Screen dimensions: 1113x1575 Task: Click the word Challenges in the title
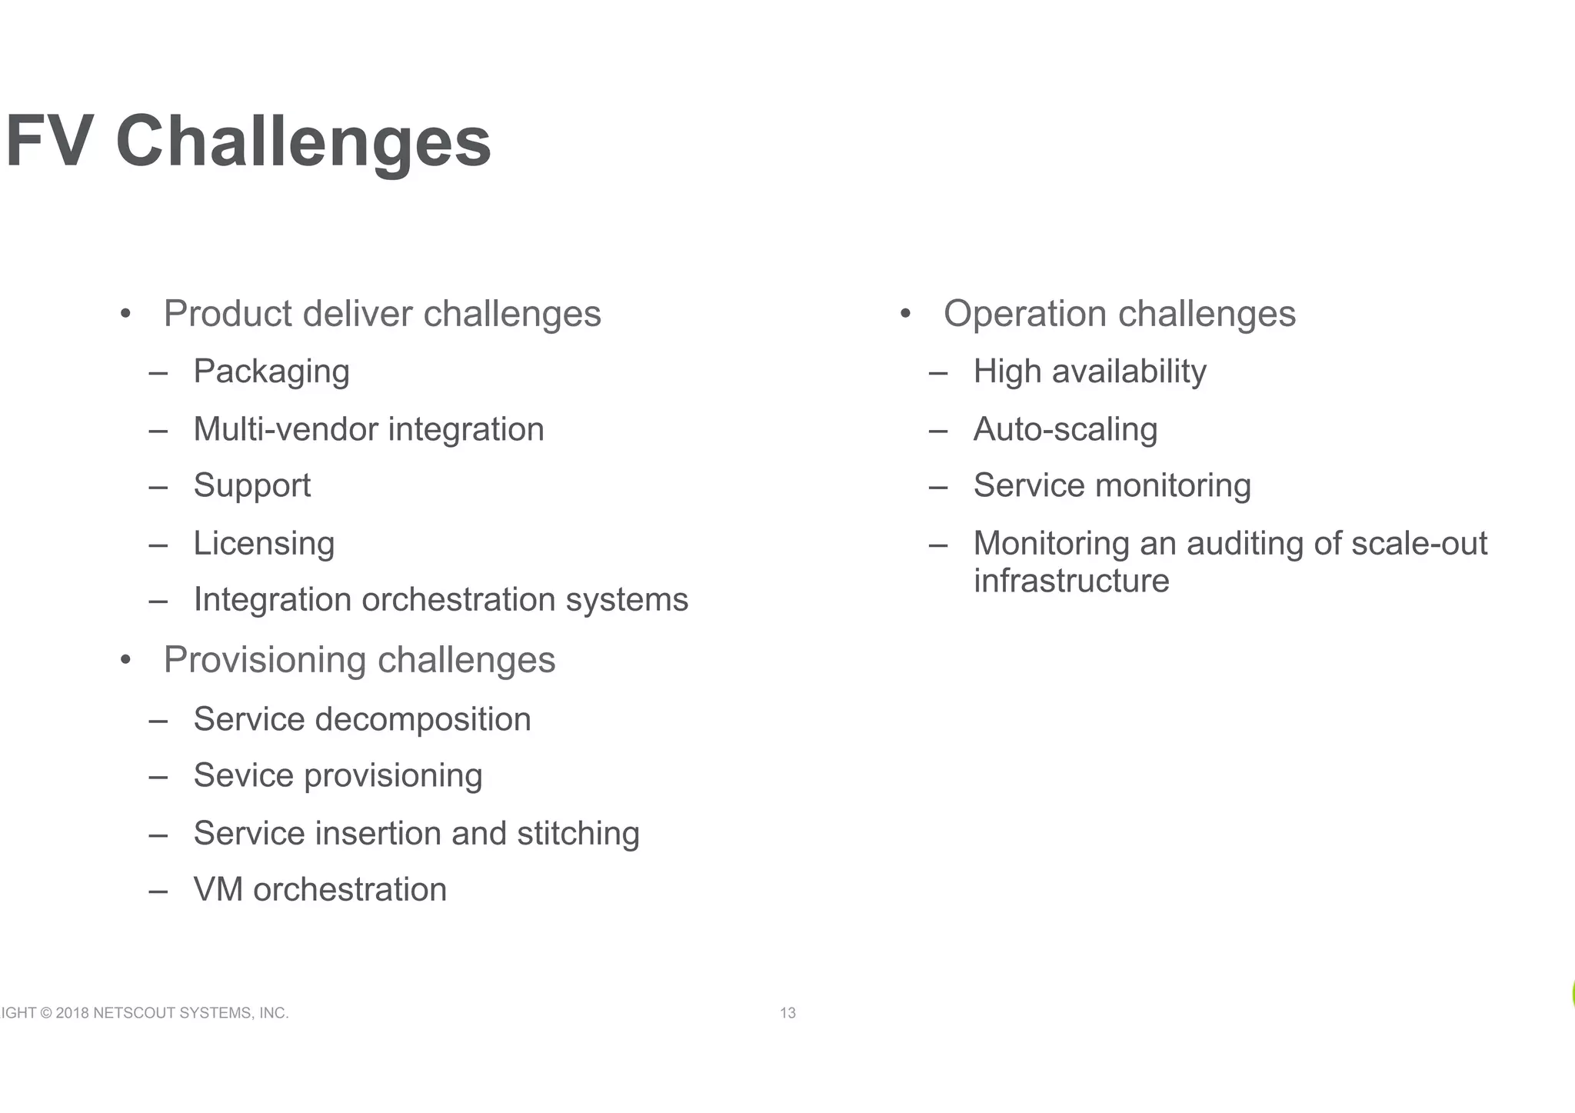pyautogui.click(x=303, y=142)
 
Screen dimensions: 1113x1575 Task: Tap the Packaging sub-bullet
pyautogui.click(x=271, y=372)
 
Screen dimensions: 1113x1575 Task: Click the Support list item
pyautogui.click(x=252, y=486)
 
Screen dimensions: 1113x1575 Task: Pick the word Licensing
pyautogui.click(x=264, y=544)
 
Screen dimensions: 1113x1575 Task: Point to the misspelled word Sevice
pyautogui.click(x=243, y=775)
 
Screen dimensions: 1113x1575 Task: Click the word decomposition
pyautogui.click(x=422, y=720)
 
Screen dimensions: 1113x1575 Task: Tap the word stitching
pyautogui.click(x=578, y=833)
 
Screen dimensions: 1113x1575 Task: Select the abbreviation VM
pyautogui.click(x=218, y=890)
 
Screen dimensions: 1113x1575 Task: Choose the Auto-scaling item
pyautogui.click(x=1065, y=429)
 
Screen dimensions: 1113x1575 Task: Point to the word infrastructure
pyautogui.click(x=1071, y=581)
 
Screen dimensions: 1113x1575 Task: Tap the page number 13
pyautogui.click(x=787, y=1013)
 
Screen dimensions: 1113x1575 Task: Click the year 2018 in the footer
pyautogui.click(x=72, y=1013)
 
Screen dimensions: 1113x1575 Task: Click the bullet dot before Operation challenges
pyautogui.click(x=905, y=314)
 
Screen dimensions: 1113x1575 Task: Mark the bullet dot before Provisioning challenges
pyautogui.click(x=125, y=660)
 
